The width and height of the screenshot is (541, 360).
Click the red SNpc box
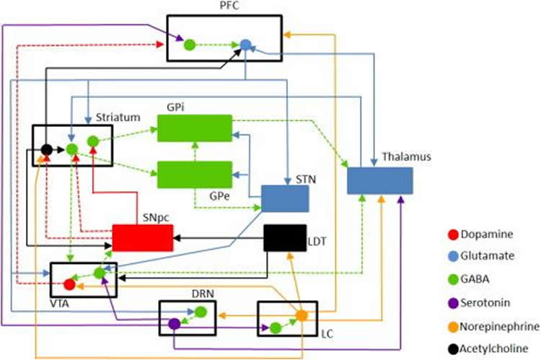coord(143,238)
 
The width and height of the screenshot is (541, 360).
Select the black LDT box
coord(285,238)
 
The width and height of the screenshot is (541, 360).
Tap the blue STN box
coord(285,198)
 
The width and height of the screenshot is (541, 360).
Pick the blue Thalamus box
coord(380,180)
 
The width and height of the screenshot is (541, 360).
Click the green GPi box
coord(195,128)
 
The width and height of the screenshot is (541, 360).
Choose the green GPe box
coord(195,175)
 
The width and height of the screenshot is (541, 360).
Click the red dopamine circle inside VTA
coord(69,284)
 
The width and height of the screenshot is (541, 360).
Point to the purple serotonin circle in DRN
coord(175,324)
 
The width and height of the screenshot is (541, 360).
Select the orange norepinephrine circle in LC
coord(302,315)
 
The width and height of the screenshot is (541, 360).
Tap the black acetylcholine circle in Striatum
coord(47,150)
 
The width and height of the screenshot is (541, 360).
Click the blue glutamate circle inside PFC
coord(245,45)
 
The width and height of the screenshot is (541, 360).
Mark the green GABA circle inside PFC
coord(190,45)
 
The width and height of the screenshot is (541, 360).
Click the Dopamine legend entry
coord(480,234)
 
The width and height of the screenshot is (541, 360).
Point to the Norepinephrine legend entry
coord(493,327)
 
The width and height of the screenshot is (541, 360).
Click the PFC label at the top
coord(229,6)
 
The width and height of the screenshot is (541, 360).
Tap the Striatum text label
coord(118,118)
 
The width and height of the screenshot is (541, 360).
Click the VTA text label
coord(60,304)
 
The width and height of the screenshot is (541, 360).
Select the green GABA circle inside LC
coord(276,328)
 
